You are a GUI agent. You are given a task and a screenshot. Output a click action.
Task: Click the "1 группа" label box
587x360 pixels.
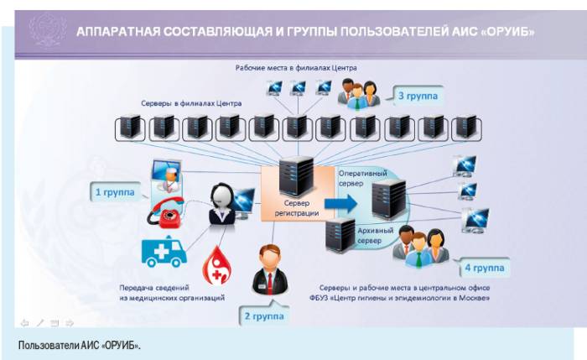click(114, 192)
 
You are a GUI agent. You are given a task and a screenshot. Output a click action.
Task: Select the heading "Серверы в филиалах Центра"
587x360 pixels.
click(191, 103)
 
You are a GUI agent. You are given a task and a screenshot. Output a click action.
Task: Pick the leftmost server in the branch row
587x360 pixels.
click(129, 128)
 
